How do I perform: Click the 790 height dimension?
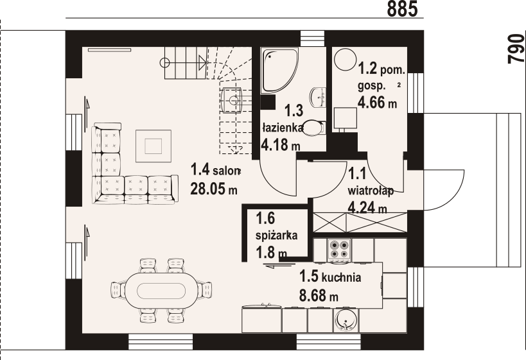pos(514,49)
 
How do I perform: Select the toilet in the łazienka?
pos(312,128)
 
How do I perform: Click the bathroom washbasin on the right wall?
pos(317,96)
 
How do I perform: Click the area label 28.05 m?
pos(214,189)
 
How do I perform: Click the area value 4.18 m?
pos(281,146)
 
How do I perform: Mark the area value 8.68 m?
pos(319,296)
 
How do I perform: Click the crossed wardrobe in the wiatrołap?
pos(358,223)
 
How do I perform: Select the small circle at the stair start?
pos(165,62)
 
